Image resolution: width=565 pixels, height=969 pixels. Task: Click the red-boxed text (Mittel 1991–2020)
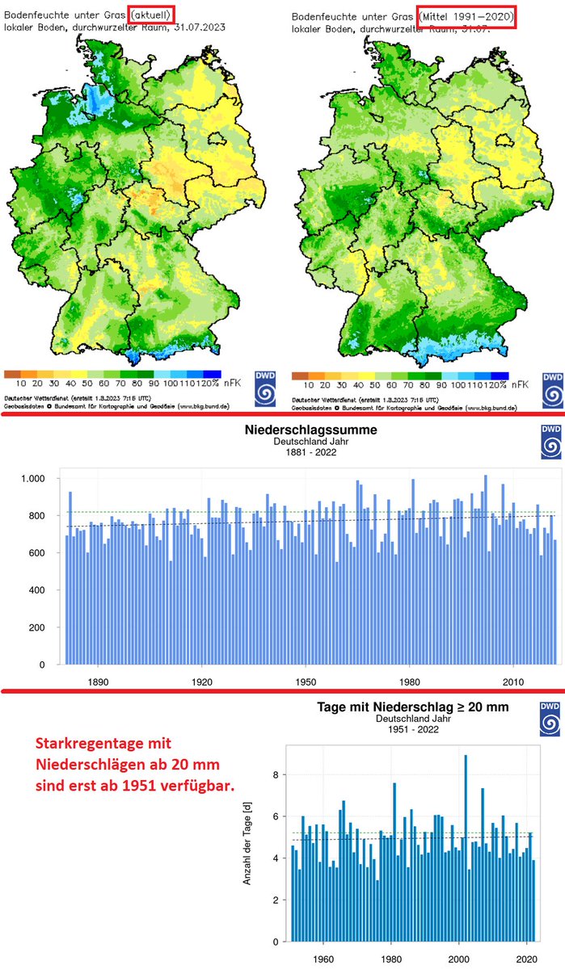tap(465, 15)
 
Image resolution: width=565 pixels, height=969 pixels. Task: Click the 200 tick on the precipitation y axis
tap(40, 627)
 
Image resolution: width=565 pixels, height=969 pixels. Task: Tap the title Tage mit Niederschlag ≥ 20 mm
tap(423, 710)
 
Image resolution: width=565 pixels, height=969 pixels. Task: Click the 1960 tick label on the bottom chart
tap(324, 959)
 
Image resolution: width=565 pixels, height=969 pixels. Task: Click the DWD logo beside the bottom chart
tap(547, 720)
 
